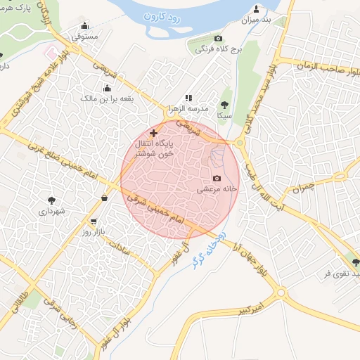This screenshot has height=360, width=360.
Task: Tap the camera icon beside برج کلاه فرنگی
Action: click(218, 38)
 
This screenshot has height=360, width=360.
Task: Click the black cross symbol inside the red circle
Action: click(154, 132)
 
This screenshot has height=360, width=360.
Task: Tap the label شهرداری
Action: click(51, 210)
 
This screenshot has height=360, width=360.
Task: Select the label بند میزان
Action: click(257, 20)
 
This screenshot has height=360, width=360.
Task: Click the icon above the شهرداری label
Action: click(50, 198)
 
